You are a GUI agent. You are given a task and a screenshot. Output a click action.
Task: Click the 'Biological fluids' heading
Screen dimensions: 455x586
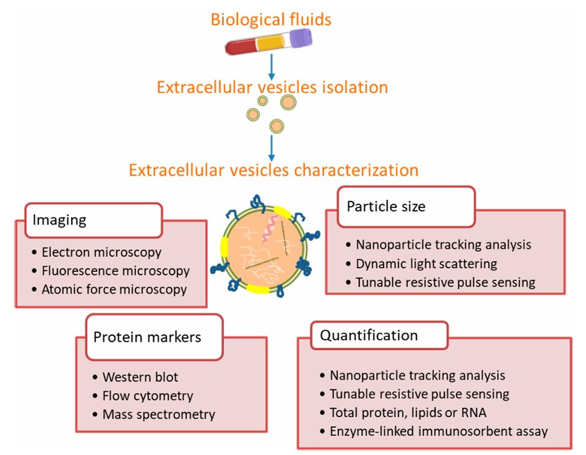(271, 19)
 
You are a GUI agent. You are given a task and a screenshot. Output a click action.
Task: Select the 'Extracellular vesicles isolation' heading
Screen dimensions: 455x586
(272, 88)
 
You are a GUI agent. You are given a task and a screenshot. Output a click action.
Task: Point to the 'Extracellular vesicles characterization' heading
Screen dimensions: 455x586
(273, 170)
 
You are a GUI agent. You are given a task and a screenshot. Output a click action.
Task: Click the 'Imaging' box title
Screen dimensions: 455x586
(59, 220)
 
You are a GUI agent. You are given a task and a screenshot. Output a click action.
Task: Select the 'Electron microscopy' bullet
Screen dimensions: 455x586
(101, 252)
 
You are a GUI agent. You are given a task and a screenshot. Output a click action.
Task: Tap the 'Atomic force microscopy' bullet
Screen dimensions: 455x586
(114, 289)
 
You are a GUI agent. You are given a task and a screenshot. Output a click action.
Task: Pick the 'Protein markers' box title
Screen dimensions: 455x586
(146, 337)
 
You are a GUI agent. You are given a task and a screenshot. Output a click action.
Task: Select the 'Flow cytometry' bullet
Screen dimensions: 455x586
(147, 396)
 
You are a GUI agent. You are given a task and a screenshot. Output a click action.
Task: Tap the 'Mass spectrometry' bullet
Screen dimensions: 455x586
(158, 414)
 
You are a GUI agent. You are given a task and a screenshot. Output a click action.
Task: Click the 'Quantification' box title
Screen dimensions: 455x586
(369, 335)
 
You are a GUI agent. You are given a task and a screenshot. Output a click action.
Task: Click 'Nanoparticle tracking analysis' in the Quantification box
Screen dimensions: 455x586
(417, 375)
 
